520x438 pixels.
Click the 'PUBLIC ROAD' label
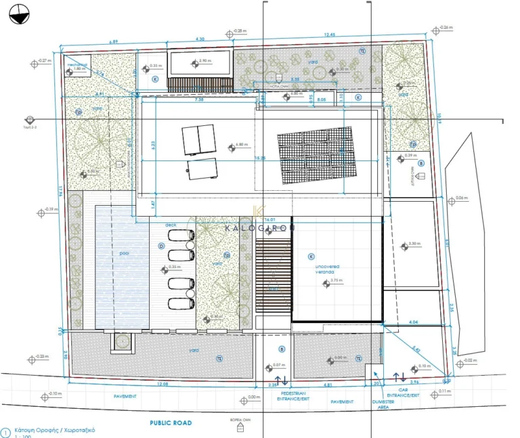tap(171, 423)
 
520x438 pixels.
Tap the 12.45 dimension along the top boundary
tap(330, 35)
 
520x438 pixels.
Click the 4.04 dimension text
tap(412, 322)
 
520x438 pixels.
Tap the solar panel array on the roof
tap(318, 156)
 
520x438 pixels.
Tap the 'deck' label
tap(171, 225)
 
